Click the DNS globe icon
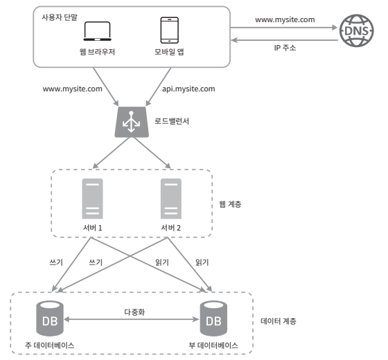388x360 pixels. [356, 30]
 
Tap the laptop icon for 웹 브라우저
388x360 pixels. [97, 31]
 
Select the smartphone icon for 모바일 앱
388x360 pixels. [170, 30]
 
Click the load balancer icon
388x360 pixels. [132, 122]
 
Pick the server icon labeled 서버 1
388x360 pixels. [93, 199]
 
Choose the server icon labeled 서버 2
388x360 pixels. [171, 199]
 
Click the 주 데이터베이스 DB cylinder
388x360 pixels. [50, 318]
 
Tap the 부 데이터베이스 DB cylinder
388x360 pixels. [213, 318]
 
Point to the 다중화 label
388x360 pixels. [134, 312]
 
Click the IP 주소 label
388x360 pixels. [285, 48]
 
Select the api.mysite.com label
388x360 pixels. [188, 89]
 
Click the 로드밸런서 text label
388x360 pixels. [172, 121]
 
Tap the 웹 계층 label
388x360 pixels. [230, 204]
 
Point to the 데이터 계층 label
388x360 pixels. [279, 321]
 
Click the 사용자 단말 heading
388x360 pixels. [60, 17]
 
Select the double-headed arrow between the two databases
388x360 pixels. [132, 319]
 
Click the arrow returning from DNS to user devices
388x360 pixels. [285, 40]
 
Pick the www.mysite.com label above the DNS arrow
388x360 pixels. [285, 20]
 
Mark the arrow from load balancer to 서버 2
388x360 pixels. [152, 153]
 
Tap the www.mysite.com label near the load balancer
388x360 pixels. [72, 89]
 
